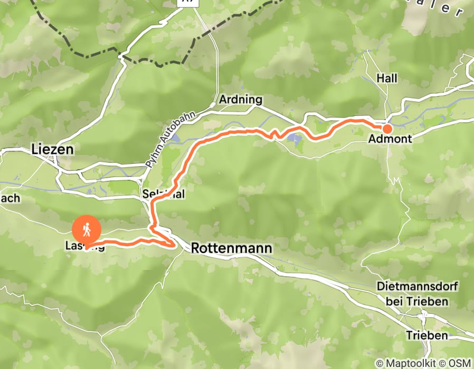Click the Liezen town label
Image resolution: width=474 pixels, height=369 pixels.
pyautogui.click(x=52, y=149)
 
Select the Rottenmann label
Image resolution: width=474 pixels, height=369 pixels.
pyautogui.click(x=232, y=248)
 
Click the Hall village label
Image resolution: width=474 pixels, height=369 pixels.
pyautogui.click(x=386, y=78)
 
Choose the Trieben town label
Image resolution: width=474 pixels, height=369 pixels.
pyautogui.click(x=427, y=335)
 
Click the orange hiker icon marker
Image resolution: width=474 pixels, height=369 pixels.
pyautogui.click(x=86, y=229)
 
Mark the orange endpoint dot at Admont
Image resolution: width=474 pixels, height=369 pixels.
pyautogui.click(x=387, y=128)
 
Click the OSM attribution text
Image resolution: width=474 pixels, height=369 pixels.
pyautogui.click(x=460, y=363)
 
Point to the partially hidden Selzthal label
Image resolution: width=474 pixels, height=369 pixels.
pyautogui.click(x=164, y=195)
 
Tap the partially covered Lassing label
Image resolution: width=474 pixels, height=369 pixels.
pyautogui.click(x=82, y=246)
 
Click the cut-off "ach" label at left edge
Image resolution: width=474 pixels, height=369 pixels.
pyautogui.click(x=10, y=198)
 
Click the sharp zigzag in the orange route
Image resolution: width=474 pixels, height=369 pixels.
pyautogui.click(x=273, y=135)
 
